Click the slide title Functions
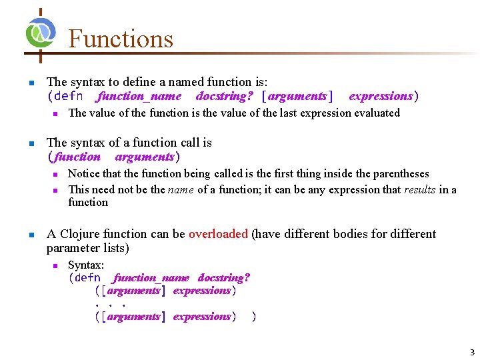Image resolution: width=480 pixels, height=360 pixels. (121, 39)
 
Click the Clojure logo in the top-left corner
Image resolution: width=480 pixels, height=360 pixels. (40, 31)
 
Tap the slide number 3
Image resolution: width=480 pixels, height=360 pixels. (471, 352)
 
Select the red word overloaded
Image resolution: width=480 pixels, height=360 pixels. (218, 234)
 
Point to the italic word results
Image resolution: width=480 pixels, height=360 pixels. (419, 190)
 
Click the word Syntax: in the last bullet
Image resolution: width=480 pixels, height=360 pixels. (86, 265)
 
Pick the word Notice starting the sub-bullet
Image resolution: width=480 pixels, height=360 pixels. (84, 174)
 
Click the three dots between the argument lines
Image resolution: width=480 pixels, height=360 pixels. (110, 303)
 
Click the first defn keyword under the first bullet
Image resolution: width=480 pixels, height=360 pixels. (69, 96)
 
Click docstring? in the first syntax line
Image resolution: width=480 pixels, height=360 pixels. (224, 96)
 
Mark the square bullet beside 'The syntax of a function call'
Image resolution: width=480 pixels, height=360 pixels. (30, 143)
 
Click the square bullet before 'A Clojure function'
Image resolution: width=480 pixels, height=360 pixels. (30, 235)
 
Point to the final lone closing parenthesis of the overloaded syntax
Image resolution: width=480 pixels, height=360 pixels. (253, 317)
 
